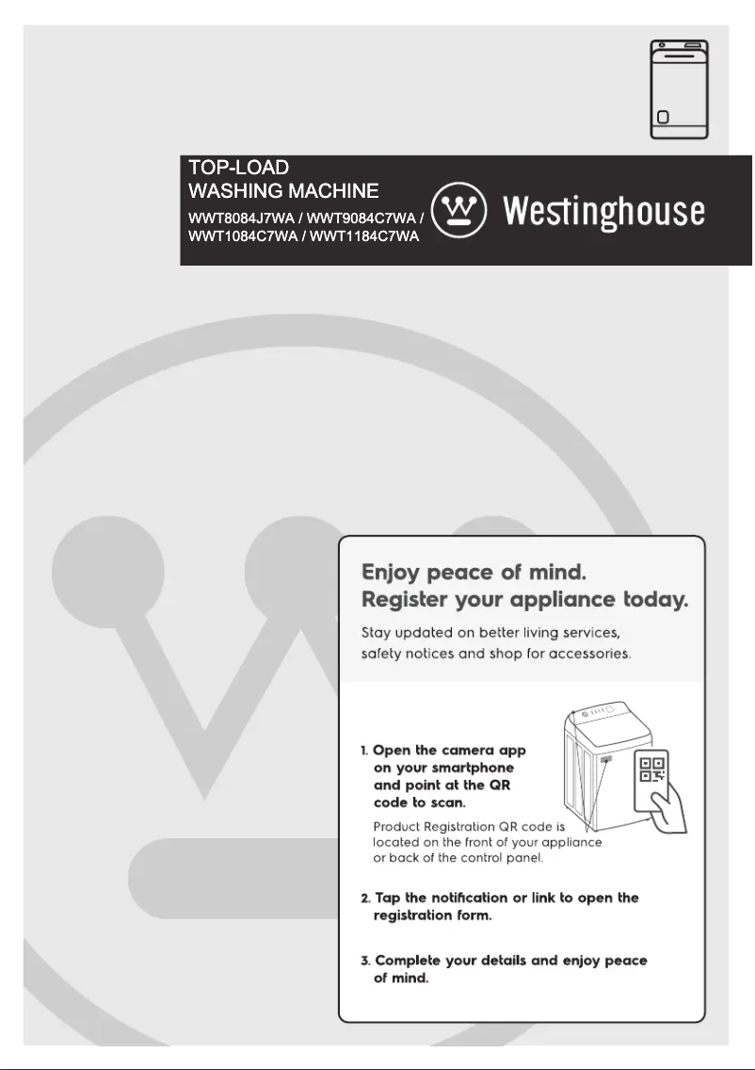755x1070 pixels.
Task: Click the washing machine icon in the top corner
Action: click(x=680, y=90)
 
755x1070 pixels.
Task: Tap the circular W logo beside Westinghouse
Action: click(x=458, y=209)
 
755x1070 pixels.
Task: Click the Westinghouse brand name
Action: click(x=603, y=212)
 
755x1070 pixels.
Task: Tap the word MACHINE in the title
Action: click(x=329, y=192)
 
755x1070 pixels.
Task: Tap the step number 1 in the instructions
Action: click(x=363, y=751)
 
